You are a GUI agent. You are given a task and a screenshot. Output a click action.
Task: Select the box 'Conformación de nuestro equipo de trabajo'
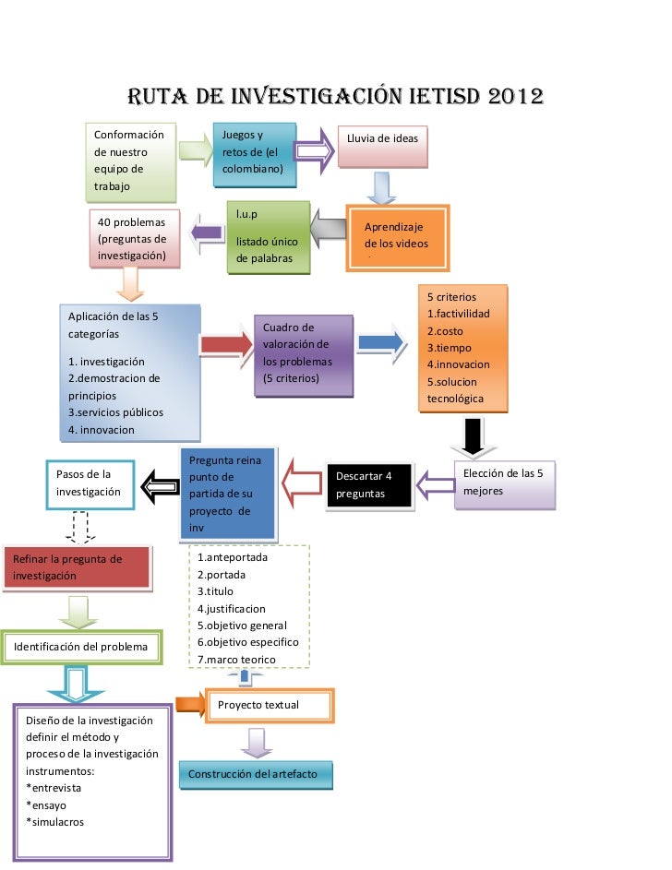click(129, 161)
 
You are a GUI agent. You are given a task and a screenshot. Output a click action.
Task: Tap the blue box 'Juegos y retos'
click(254, 154)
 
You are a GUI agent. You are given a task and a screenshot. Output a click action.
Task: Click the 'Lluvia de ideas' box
click(382, 146)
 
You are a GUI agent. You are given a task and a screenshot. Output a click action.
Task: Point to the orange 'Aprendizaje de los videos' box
click(397, 236)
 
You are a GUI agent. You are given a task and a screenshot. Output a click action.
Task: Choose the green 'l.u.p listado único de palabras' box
click(268, 237)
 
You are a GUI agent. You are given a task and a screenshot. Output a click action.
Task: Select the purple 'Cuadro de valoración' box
click(303, 354)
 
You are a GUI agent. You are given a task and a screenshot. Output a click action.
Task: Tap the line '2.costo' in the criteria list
click(446, 330)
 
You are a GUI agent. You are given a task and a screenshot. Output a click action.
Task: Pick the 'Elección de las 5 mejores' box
click(506, 483)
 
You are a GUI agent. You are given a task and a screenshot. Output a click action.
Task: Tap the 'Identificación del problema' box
click(81, 647)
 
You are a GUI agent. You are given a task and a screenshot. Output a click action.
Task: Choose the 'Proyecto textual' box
click(269, 705)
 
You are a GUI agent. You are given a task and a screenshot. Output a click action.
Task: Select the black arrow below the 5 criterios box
click(472, 436)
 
